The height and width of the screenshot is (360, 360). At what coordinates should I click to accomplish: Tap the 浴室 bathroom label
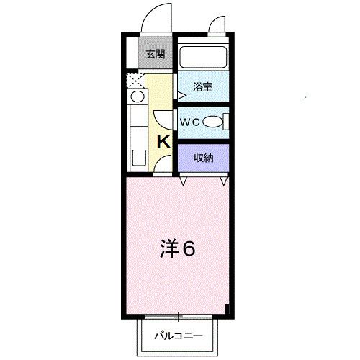coord(202,87)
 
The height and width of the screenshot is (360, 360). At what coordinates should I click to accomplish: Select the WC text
coord(189,122)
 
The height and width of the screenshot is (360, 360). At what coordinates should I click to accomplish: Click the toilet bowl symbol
coord(212,122)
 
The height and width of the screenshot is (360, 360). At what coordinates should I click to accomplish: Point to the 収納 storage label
coord(203,158)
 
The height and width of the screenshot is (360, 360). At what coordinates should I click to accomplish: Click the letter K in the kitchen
coord(163,141)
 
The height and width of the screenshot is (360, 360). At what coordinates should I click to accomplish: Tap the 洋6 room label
coord(177,249)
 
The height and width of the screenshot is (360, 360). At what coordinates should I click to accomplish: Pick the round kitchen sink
coord(137,96)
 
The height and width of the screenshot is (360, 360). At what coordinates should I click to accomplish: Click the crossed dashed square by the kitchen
coord(135,80)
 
